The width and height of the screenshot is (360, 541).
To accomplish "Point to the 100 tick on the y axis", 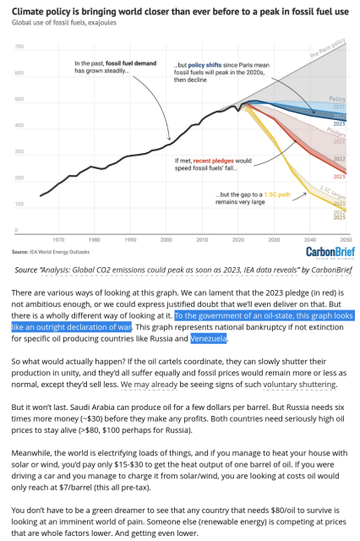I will (18, 205).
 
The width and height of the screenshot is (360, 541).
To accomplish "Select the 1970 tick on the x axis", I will (57, 240).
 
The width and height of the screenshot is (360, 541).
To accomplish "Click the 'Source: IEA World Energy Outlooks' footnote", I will (51, 251).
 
